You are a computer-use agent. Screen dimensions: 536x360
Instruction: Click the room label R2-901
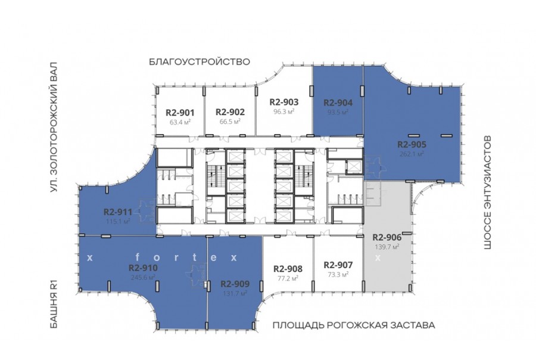(x=180, y=113)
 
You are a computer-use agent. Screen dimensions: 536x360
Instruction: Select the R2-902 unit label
(x=230, y=112)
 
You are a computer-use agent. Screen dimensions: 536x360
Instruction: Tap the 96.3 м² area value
(x=283, y=111)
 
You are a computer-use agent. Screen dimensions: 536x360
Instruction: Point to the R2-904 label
(x=338, y=103)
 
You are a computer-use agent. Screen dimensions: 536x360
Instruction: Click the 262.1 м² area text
(x=412, y=154)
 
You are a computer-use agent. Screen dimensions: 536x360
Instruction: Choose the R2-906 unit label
(x=387, y=237)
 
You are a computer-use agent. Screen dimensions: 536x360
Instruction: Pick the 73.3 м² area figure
(x=338, y=274)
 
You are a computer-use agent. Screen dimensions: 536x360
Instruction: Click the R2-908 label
(x=288, y=269)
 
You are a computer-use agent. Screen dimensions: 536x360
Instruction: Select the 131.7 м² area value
(x=235, y=293)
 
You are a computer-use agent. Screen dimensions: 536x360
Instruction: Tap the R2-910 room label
(x=143, y=268)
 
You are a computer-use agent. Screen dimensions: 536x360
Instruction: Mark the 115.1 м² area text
(x=118, y=221)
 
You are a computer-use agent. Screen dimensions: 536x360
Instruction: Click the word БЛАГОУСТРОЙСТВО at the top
(x=200, y=62)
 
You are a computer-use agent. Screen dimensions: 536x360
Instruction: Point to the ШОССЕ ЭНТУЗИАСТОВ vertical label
(x=488, y=193)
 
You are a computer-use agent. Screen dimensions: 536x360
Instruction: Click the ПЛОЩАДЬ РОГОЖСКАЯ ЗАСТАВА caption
(x=354, y=325)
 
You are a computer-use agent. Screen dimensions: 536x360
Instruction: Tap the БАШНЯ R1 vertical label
(x=54, y=304)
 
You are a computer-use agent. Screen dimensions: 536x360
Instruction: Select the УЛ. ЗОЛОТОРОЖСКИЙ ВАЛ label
(x=54, y=127)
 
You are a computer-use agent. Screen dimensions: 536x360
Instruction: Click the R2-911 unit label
(x=118, y=212)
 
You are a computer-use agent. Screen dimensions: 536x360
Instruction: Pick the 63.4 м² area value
(x=180, y=122)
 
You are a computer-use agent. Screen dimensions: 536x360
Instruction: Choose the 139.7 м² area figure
(x=387, y=246)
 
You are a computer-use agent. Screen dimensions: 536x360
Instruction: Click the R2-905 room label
(x=412, y=144)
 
